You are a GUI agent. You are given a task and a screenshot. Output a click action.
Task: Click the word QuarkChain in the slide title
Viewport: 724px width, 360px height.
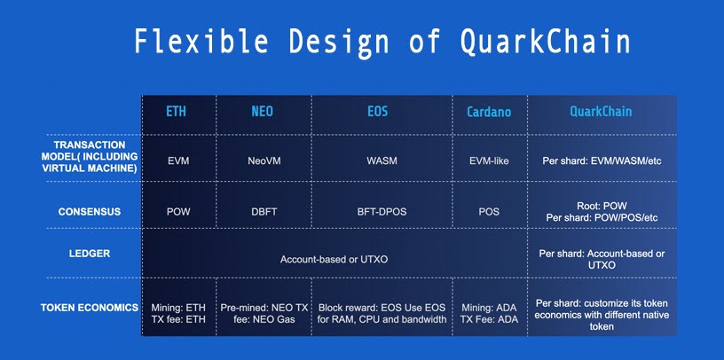click(x=545, y=43)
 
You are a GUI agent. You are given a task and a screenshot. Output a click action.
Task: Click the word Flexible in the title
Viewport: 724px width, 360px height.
click(x=201, y=41)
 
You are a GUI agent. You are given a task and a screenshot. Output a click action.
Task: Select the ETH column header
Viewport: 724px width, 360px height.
click(x=176, y=112)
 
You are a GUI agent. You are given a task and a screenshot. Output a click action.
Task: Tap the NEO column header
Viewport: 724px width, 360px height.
click(x=262, y=112)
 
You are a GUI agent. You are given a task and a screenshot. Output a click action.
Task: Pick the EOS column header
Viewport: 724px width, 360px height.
click(x=378, y=112)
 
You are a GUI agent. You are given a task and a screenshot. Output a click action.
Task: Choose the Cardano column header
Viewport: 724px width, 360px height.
click(x=489, y=112)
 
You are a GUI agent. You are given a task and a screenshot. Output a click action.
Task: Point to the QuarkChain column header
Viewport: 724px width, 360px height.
click(x=601, y=111)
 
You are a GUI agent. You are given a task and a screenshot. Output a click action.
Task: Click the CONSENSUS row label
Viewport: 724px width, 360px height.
click(x=89, y=212)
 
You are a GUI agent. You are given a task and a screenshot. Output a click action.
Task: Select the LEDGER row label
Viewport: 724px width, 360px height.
click(x=90, y=254)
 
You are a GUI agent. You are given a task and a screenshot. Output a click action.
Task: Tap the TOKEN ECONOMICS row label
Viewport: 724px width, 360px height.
click(x=90, y=308)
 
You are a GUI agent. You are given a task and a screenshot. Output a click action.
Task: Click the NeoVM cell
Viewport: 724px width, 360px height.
click(x=264, y=161)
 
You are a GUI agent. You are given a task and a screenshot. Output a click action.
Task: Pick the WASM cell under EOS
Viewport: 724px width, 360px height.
click(x=382, y=161)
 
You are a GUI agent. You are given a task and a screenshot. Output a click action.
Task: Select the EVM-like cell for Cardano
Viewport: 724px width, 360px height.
click(x=490, y=161)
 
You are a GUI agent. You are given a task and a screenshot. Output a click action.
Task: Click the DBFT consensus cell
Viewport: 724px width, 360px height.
click(x=264, y=212)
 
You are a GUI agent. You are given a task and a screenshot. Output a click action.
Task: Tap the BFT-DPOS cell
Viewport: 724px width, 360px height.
click(x=382, y=212)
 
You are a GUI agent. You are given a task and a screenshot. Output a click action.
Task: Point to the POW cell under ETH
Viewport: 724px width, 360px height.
click(x=178, y=212)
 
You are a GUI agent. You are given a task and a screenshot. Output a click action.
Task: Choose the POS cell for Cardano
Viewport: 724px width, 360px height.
click(x=490, y=212)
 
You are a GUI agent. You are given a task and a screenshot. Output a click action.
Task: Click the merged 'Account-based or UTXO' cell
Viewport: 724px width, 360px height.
click(x=334, y=260)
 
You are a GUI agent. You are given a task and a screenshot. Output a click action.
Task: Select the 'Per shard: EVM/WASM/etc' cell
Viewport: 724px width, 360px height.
click(x=602, y=161)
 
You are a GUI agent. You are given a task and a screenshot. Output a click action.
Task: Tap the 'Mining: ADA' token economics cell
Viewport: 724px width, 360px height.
click(x=490, y=308)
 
